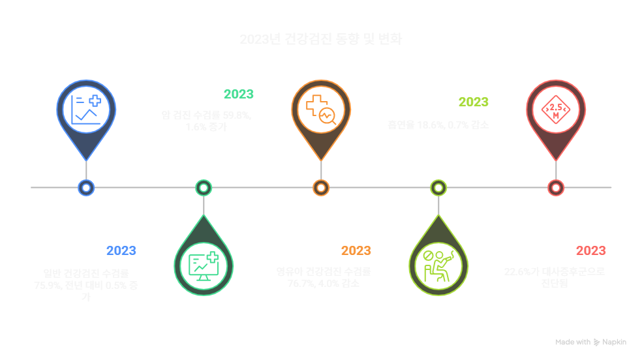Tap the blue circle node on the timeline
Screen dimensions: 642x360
pos(86,188)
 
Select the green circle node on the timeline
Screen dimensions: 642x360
pos(204,188)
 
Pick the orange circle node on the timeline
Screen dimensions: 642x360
pos(321,188)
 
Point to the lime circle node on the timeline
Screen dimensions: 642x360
pos(438,188)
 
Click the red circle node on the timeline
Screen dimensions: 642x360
pos(556,188)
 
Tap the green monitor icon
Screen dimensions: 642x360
pos(204,264)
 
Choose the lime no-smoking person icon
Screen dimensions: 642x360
pos(438,264)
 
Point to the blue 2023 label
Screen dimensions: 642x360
pos(121,250)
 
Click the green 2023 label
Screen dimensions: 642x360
pos(239,94)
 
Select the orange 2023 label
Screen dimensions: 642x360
pos(356,250)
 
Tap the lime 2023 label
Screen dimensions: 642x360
pos(474,102)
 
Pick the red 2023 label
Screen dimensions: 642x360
pos(591,250)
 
